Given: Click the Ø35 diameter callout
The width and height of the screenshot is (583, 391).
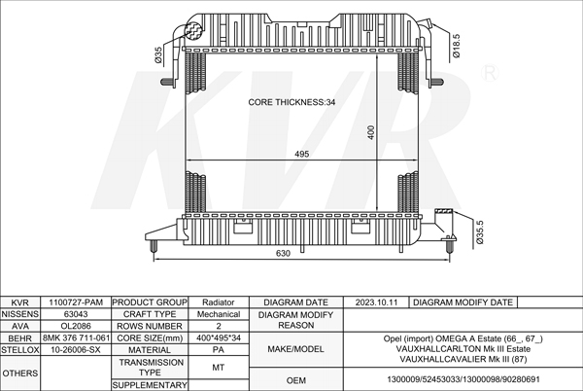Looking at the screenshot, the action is point(158,54).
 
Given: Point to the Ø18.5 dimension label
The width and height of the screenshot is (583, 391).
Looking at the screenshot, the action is point(457,46).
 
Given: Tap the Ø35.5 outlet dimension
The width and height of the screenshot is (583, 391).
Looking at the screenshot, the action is point(479,232).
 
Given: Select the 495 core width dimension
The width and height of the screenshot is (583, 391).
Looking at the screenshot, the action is point(301,154).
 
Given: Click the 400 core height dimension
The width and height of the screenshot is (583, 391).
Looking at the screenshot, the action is point(371,132).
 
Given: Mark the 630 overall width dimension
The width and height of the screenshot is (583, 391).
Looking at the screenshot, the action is point(283,253).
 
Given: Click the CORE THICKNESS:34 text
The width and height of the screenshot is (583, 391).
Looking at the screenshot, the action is point(291,102).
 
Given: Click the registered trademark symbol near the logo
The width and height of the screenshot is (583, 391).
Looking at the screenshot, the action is point(490,73).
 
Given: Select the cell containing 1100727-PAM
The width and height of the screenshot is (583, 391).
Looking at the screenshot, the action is point(76,302).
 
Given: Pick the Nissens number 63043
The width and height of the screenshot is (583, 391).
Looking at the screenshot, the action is point(76,314).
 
